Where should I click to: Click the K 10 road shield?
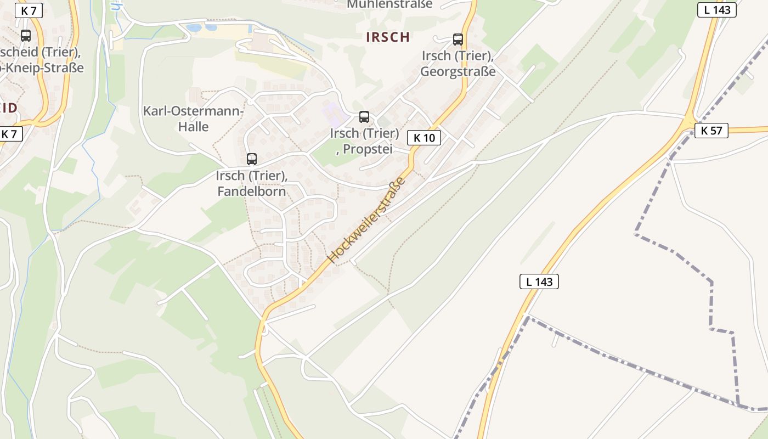click(424, 138)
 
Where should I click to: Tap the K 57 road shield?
click(711, 131)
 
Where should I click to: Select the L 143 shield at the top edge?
click(716, 10)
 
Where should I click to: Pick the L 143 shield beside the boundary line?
click(539, 282)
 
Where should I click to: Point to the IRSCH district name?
click(388, 37)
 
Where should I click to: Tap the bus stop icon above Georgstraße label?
click(458, 40)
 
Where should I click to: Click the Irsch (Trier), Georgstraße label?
click(458, 64)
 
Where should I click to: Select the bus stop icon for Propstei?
click(364, 117)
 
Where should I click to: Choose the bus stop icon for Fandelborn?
click(251, 159)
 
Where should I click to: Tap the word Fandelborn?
click(252, 192)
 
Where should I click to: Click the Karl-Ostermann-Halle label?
click(193, 119)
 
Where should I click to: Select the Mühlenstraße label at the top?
click(389, 4)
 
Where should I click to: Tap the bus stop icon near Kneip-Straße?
click(25, 36)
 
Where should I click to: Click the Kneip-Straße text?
click(44, 67)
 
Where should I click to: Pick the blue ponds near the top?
click(201, 27)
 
